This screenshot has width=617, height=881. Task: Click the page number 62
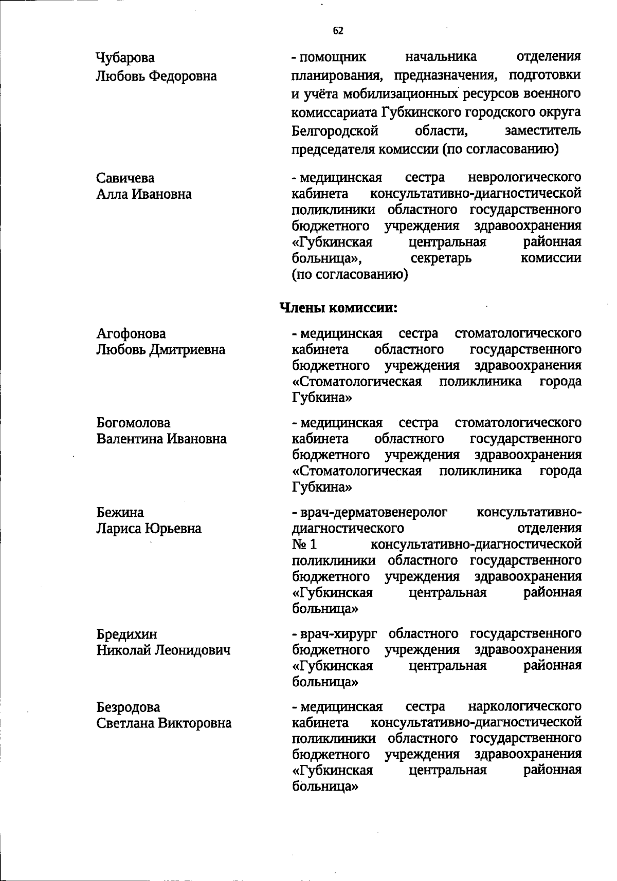coord(338,31)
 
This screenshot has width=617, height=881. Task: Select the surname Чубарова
coord(125,57)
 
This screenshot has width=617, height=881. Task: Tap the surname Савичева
coord(125,178)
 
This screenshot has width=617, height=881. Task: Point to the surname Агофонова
coord(131,334)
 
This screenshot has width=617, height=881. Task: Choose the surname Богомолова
coord(133,423)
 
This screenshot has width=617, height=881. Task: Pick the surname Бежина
coord(120,512)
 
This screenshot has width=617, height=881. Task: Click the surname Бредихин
coord(127,634)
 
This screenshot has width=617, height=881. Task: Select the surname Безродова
coord(128,707)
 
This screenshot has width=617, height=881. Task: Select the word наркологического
coord(525,706)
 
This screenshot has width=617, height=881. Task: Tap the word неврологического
coord(525,178)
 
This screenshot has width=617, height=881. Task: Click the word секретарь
coord(441,258)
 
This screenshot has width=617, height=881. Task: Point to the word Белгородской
coord(335,130)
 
